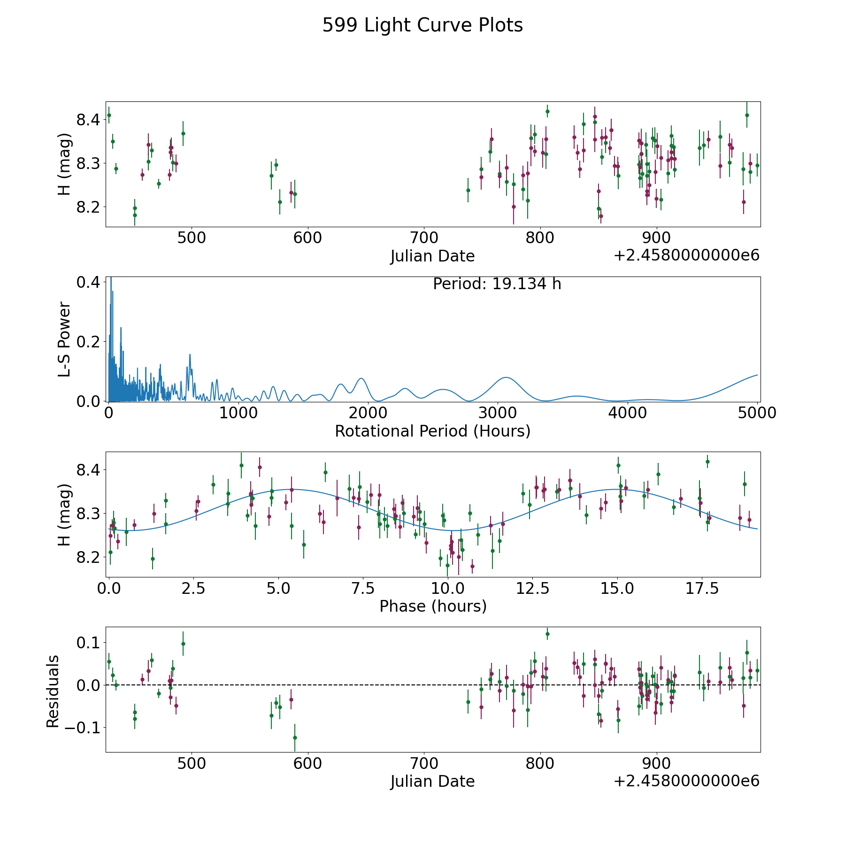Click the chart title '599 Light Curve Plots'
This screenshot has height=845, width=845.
[422, 25]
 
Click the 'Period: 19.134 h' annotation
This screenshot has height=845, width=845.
[497, 284]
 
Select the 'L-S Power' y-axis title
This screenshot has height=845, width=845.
[64, 339]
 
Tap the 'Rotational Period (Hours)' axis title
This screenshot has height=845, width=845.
[433, 431]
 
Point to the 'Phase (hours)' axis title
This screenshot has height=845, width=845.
[433, 606]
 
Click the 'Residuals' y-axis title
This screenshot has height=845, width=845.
[53, 691]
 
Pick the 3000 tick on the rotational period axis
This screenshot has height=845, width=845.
[498, 413]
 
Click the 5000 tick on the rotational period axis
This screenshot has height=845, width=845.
[757, 413]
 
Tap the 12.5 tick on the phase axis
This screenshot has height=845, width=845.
[533, 588]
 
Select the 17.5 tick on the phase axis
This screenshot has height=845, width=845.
[702, 588]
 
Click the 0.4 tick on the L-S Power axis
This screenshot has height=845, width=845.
[88, 283]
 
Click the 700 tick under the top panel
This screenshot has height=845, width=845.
[424, 238]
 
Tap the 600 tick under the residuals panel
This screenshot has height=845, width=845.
[307, 763]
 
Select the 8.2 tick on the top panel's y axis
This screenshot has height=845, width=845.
[88, 207]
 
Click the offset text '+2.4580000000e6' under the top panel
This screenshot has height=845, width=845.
[686, 255]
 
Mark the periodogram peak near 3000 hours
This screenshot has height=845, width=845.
[506, 377]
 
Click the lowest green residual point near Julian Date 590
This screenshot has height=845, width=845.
[295, 737]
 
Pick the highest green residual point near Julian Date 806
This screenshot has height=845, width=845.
[547, 634]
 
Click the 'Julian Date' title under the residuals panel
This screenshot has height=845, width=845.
[433, 781]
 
